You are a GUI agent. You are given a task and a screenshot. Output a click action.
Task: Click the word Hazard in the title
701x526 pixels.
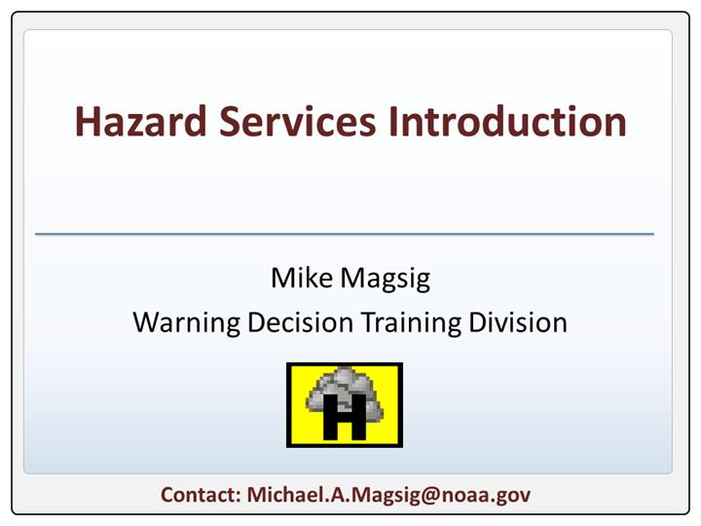[x=141, y=121]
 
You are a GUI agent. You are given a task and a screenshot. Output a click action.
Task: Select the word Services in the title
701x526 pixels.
[x=297, y=121]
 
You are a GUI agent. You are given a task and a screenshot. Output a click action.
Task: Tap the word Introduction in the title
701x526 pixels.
[x=507, y=121]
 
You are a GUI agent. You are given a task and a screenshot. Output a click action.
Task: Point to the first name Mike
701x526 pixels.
[x=302, y=278]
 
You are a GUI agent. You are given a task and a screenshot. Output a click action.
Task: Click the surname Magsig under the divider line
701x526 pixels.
[x=386, y=280]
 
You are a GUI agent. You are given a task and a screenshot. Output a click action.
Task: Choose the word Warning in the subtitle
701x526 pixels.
[x=186, y=323]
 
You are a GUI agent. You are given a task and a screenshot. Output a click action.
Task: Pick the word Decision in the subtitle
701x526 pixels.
[x=300, y=322]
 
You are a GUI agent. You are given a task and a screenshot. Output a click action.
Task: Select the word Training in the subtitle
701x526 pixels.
[x=411, y=323]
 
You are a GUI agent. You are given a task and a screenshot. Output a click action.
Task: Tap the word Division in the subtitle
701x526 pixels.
[x=518, y=322]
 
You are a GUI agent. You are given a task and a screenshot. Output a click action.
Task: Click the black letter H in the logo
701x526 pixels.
[x=345, y=417]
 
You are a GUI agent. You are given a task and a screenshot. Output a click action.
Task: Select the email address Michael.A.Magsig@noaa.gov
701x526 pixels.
[x=388, y=496]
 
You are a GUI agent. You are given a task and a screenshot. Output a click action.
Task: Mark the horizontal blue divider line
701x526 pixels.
[x=345, y=234]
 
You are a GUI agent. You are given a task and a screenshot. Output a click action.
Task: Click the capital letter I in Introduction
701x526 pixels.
[x=392, y=121]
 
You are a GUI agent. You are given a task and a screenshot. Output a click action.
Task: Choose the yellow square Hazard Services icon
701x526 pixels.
[x=345, y=405]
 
